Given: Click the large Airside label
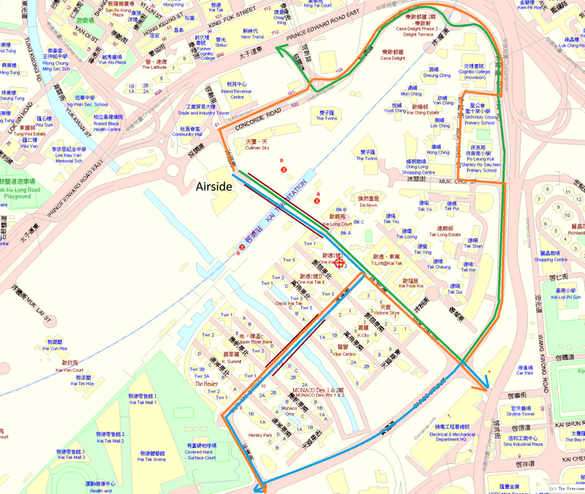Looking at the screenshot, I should tap(214, 187).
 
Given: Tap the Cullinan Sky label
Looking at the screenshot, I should tap(257, 148).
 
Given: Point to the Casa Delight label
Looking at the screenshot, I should tap(391, 58).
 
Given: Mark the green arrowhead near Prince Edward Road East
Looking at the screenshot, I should tap(279, 49).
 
